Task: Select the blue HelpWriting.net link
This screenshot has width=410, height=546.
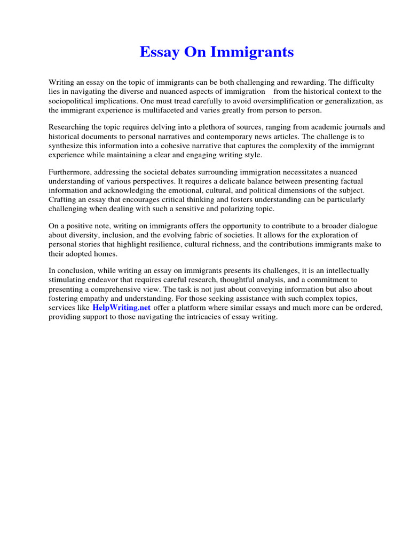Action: pyautogui.click(x=122, y=308)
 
